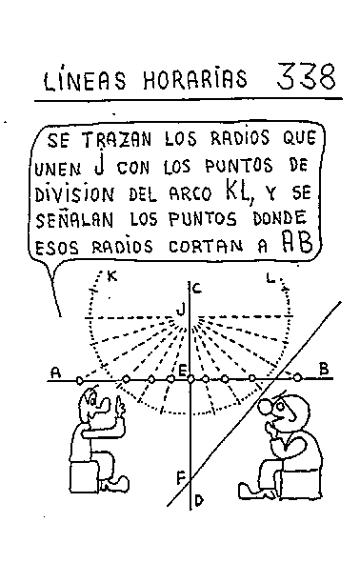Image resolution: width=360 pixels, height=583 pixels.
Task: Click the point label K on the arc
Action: click(x=112, y=277)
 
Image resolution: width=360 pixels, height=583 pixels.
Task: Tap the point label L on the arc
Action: click(x=270, y=278)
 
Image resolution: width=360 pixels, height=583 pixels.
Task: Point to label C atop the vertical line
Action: click(x=195, y=289)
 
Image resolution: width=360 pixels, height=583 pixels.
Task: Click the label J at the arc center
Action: click(x=180, y=307)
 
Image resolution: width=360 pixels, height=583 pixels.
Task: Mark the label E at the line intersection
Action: click(x=181, y=371)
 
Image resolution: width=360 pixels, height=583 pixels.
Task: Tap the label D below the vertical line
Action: click(x=198, y=498)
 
